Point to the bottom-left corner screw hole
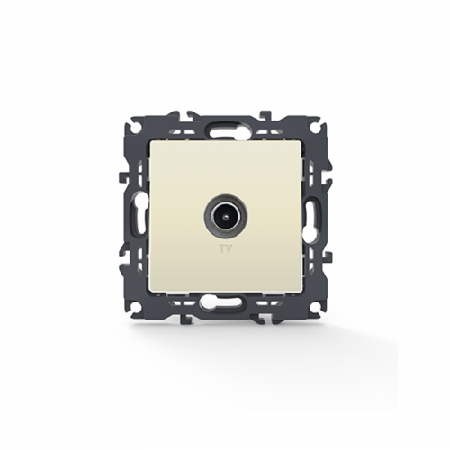[x=135, y=308]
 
